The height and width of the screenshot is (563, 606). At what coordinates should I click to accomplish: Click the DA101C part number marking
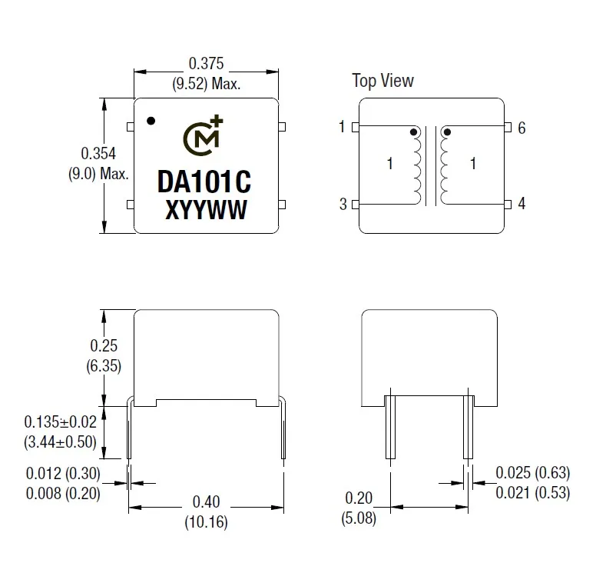pos(204,182)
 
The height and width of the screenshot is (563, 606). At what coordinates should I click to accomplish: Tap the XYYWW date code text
pos(206,210)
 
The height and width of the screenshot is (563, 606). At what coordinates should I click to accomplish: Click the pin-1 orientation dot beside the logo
pos(151,121)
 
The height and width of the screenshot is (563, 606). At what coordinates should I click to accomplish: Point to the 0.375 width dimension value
pos(206,64)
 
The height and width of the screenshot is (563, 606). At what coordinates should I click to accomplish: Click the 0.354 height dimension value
pos(98,154)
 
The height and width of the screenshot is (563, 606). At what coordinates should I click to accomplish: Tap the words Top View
pos(382,81)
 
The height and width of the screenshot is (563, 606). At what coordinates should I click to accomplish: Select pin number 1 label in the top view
pos(342,127)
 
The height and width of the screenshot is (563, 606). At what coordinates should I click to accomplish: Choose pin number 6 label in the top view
pos(522,128)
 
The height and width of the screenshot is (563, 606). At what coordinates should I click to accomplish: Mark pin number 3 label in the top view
pos(343,205)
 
